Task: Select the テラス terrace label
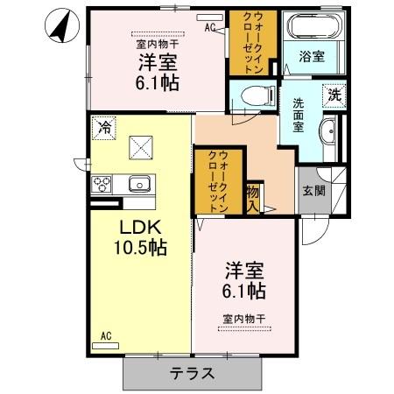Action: (192, 372)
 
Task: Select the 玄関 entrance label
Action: (314, 190)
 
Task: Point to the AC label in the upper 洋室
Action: (210, 27)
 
